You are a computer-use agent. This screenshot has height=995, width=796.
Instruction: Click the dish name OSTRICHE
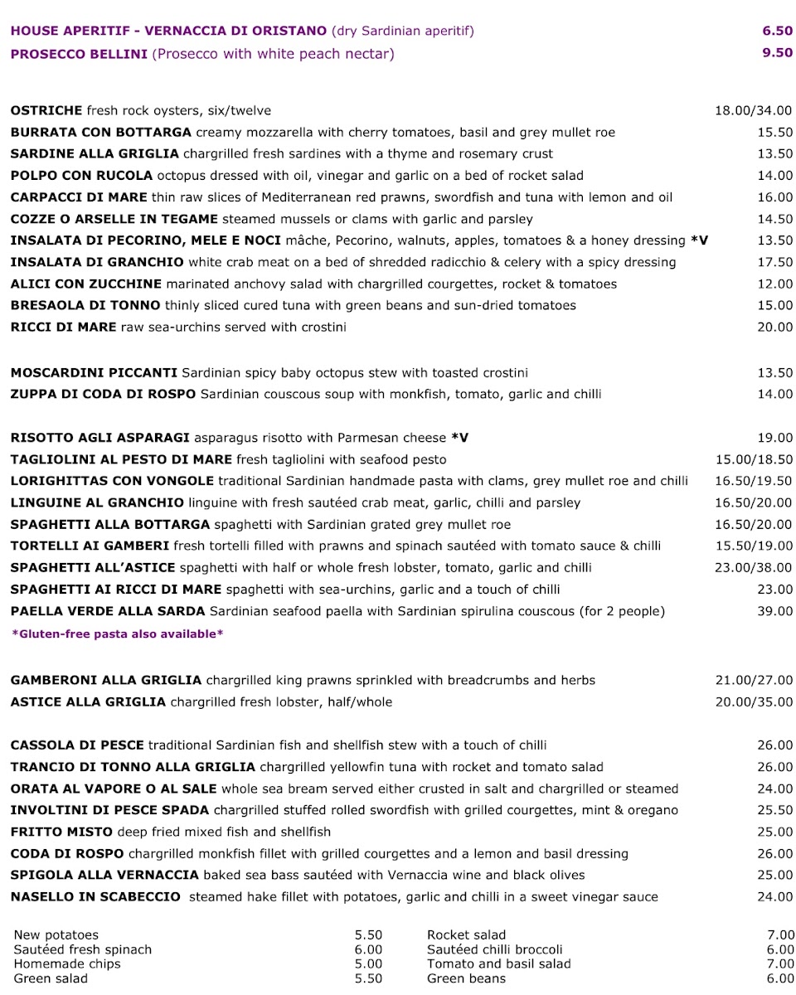coord(46,110)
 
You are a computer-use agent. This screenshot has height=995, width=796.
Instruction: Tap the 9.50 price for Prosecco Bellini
coord(777,53)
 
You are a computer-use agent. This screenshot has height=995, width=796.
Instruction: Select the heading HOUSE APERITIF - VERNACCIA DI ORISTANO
coord(168,32)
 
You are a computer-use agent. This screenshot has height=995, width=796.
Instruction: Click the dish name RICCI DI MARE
coord(64,327)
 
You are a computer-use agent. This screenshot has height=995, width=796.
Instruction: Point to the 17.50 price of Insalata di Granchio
coord(774,262)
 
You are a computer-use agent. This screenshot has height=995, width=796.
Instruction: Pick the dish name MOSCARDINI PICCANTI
coord(94,373)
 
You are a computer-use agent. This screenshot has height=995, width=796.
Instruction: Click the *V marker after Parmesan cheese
coord(459,438)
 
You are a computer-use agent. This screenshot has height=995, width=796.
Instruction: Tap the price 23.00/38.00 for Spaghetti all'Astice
coord(753,568)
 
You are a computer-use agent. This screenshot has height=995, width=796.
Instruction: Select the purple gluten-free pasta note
coord(117,634)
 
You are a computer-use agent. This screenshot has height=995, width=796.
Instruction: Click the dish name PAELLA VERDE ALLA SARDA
coord(108,611)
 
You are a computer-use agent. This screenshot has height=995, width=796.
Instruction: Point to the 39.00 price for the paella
coord(774,611)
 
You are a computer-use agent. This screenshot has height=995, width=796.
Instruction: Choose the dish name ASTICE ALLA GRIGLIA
coord(88,702)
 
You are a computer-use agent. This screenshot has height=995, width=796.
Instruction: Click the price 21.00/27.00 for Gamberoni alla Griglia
coord(753,681)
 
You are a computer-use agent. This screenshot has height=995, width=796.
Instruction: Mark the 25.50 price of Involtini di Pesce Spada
coord(774,810)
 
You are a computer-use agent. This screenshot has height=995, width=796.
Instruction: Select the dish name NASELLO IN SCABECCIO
coord(95,896)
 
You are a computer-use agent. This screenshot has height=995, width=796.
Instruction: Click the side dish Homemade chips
coord(67,963)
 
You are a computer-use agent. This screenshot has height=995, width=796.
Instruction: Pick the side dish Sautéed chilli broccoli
coord(494,949)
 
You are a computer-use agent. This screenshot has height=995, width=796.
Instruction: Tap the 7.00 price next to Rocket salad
coord(780,935)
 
